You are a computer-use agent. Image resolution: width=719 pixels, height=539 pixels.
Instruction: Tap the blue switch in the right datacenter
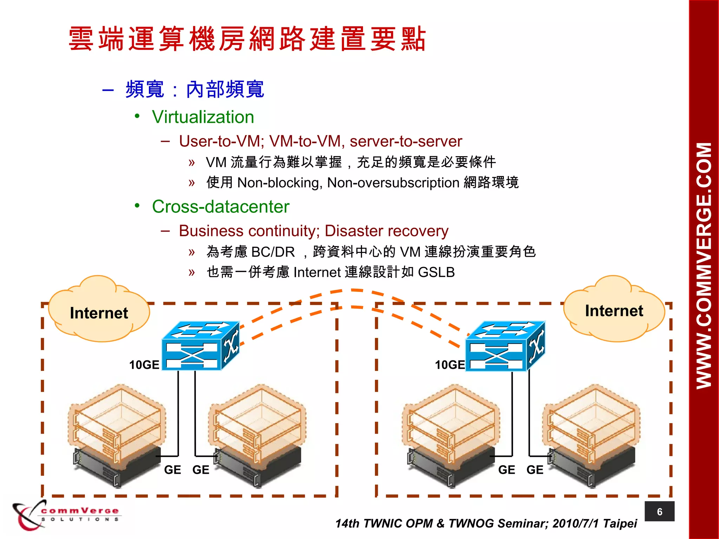tap(505, 346)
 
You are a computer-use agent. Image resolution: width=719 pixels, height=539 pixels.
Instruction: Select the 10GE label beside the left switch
tap(144, 365)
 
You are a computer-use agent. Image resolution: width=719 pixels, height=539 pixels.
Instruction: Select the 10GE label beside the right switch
tap(450, 365)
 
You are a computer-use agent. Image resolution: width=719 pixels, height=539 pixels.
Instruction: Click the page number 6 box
tap(659, 512)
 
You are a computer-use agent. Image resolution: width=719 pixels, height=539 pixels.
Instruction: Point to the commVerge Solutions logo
tap(67, 515)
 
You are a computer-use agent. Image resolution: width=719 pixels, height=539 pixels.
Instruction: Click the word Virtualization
tap(203, 117)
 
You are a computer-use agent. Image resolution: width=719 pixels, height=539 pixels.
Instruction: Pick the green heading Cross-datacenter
tap(220, 207)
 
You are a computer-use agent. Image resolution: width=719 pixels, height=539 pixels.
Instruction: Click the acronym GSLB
tap(436, 272)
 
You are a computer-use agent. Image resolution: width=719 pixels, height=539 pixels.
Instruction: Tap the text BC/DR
tap(273, 252)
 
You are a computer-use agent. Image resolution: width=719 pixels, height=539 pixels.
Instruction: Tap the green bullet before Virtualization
tap(137, 116)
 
